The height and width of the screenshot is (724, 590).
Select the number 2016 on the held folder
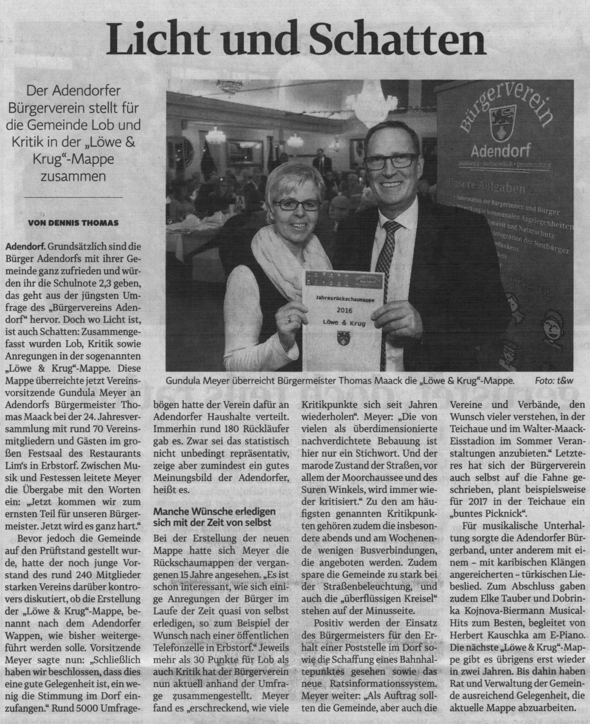(341, 311)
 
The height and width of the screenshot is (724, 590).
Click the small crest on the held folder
(342, 338)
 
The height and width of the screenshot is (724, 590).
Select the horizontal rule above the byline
(74, 197)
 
